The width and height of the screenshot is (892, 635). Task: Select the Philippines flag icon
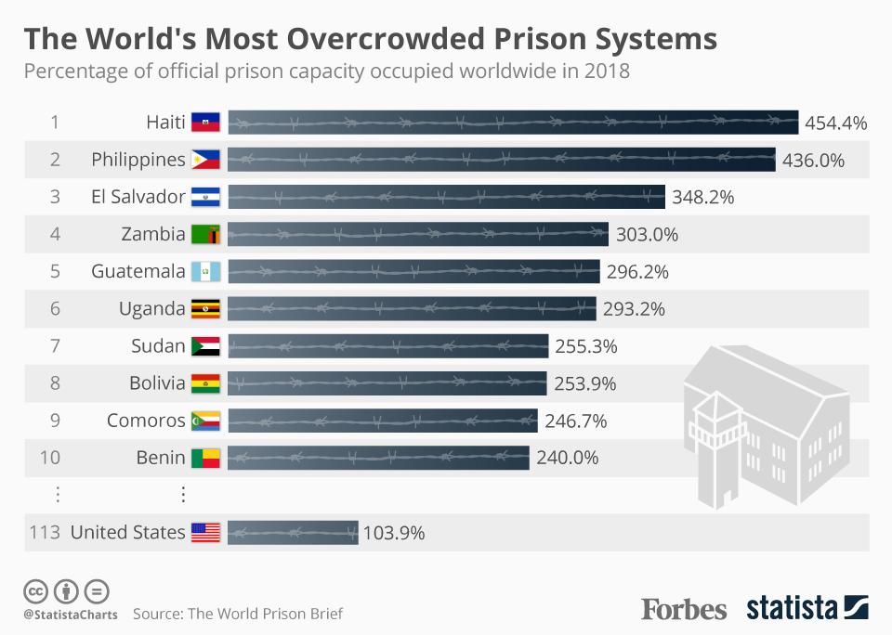(205, 160)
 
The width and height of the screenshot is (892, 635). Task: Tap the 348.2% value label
(703, 197)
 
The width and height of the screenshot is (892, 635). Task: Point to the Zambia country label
(153, 234)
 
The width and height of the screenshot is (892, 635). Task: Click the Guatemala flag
(205, 272)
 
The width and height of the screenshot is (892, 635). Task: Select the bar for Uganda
(412, 309)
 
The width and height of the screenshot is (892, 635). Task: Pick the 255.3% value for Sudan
(586, 346)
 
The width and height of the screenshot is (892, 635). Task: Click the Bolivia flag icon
(205, 383)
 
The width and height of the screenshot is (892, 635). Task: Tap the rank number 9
(55, 421)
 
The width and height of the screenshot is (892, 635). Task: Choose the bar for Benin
(378, 458)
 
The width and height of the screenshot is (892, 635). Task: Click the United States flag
(205, 533)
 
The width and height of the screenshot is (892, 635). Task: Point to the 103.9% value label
(394, 533)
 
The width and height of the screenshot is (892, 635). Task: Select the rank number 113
(45, 533)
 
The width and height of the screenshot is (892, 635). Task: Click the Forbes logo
(684, 609)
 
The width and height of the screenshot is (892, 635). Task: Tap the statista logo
(807, 609)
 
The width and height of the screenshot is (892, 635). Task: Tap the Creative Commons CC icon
(36, 590)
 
